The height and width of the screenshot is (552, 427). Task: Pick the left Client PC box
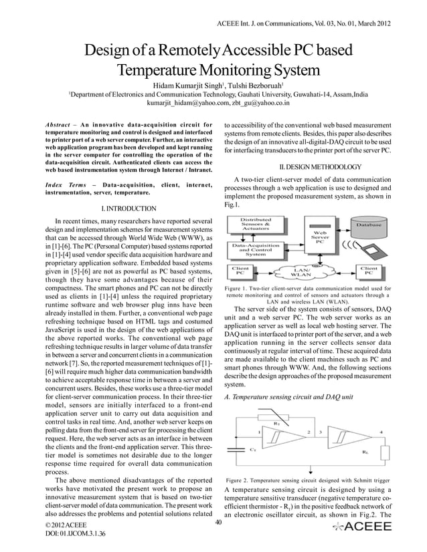click(x=242, y=271)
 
